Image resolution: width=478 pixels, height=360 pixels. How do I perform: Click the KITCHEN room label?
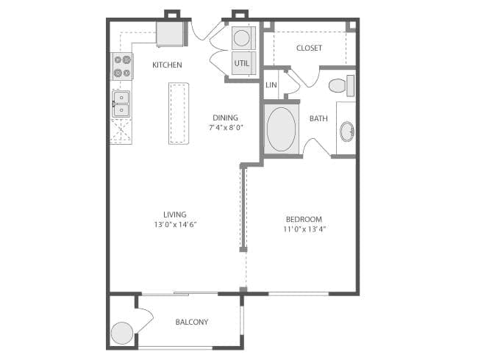pos(167,65)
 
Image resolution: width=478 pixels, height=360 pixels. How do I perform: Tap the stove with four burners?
pos(121,66)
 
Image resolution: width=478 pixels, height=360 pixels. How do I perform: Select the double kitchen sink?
pos(121,104)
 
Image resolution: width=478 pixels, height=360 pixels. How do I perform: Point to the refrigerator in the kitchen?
pos(171,33)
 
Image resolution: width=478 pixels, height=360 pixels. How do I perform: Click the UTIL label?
pos(242,63)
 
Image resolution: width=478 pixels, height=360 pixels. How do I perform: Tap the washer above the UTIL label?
pos(242,37)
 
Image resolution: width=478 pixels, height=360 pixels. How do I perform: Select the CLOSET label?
pos(309,48)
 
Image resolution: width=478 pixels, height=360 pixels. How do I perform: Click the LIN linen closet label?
pos(271,85)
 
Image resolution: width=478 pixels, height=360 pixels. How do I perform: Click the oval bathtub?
pos(281,129)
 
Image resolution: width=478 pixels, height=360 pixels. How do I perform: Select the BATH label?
pos(318,118)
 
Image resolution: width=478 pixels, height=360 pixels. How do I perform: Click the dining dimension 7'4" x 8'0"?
pos(225,127)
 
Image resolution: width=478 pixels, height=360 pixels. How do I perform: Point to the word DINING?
pos(225,117)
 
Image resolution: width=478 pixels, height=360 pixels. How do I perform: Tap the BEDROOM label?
pos(304,219)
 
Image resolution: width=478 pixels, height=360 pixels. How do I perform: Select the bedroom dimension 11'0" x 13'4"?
pos(304,228)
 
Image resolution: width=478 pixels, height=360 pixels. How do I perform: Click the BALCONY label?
pos(192,322)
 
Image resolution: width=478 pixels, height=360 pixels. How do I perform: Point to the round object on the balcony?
pos(122,333)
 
